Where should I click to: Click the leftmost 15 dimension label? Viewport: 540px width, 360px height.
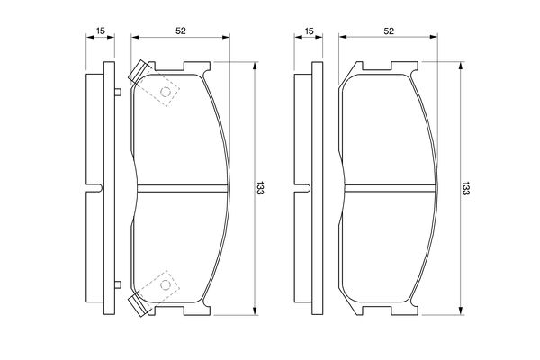tap(100, 31)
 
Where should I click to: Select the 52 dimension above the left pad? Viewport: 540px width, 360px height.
tap(181, 31)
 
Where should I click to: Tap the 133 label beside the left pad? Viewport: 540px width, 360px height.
tap(260, 187)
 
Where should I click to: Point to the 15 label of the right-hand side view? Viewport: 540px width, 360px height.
tap(310, 31)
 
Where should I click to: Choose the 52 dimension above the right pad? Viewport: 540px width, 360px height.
tap(389, 31)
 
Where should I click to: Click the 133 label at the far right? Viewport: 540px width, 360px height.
tap(465, 188)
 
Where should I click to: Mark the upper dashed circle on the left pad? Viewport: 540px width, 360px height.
tap(166, 92)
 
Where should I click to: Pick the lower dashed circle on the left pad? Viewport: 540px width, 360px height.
tap(166, 284)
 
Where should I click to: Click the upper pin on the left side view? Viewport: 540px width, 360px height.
tap(118, 92)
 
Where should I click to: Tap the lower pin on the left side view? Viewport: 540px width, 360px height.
tap(118, 284)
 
